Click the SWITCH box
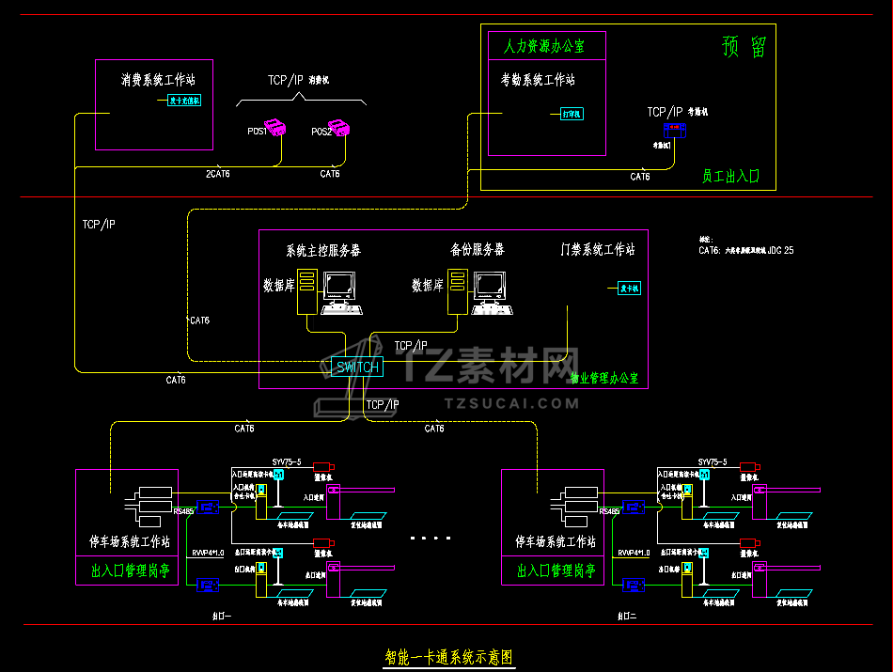[x=357, y=367]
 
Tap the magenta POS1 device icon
[x=275, y=127]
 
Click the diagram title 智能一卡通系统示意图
[x=449, y=657]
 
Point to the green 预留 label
[x=744, y=47]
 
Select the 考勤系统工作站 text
[x=538, y=81]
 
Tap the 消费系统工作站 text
[x=158, y=80]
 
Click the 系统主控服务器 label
[x=323, y=251]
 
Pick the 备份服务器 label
[x=477, y=250]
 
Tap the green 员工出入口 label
[x=730, y=176]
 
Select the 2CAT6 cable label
[x=218, y=174]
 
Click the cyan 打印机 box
[x=572, y=114]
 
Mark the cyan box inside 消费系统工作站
[x=184, y=101]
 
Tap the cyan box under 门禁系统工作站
[x=629, y=289]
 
